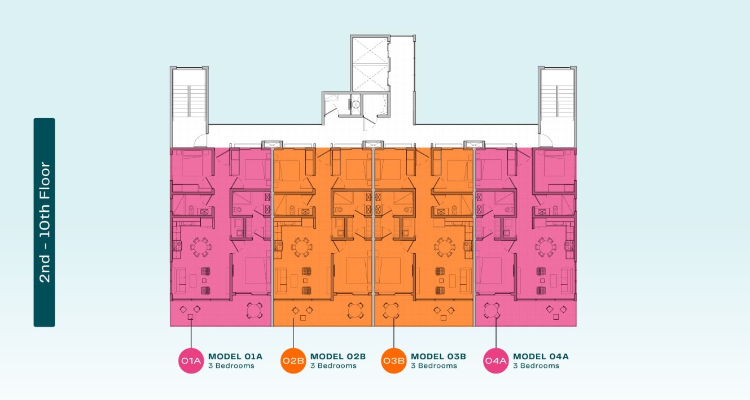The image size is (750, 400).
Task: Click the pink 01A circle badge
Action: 191,361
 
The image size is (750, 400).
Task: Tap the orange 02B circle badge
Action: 293,361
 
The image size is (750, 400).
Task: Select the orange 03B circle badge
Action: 394,361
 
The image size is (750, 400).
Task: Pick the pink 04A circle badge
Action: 496,361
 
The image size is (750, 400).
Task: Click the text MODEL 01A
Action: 235,356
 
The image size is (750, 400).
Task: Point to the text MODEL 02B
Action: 338,356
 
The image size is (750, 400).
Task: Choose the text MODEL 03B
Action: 438,356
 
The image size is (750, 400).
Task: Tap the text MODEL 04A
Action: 541,356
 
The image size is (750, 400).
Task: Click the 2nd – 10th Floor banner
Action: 44,222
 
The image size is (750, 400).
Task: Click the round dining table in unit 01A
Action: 201,247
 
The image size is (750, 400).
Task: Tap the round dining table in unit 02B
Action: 302,247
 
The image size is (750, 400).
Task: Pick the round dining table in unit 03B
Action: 445,247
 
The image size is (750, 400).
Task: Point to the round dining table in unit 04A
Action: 545,247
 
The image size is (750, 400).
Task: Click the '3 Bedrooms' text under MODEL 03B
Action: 434,366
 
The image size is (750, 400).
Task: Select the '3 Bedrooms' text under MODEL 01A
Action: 231,366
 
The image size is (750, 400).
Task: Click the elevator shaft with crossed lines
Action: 370,64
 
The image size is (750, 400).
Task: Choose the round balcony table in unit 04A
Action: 492,311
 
